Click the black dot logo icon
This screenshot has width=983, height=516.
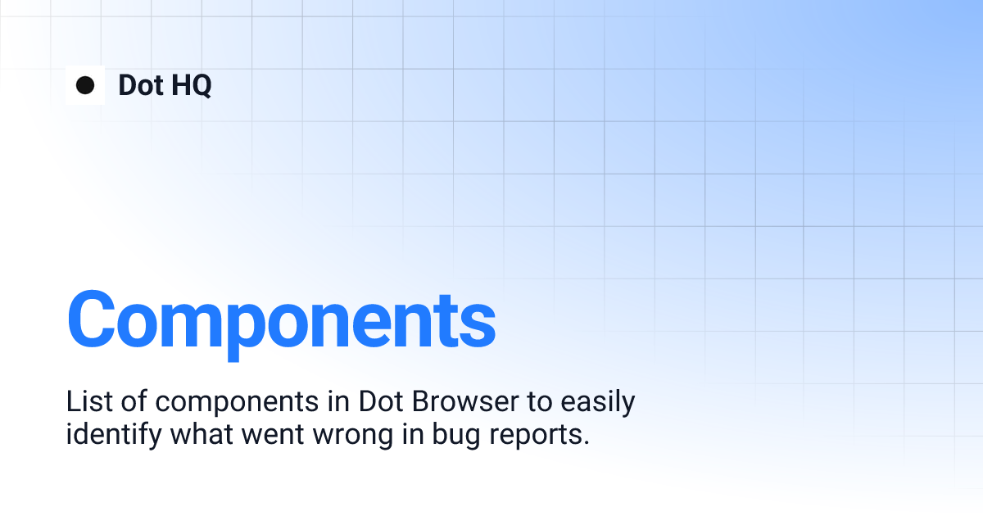tap(85, 85)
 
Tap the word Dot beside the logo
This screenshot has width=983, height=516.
tap(141, 85)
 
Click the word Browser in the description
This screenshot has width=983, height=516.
tap(464, 402)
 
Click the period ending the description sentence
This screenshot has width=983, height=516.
tap(587, 442)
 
